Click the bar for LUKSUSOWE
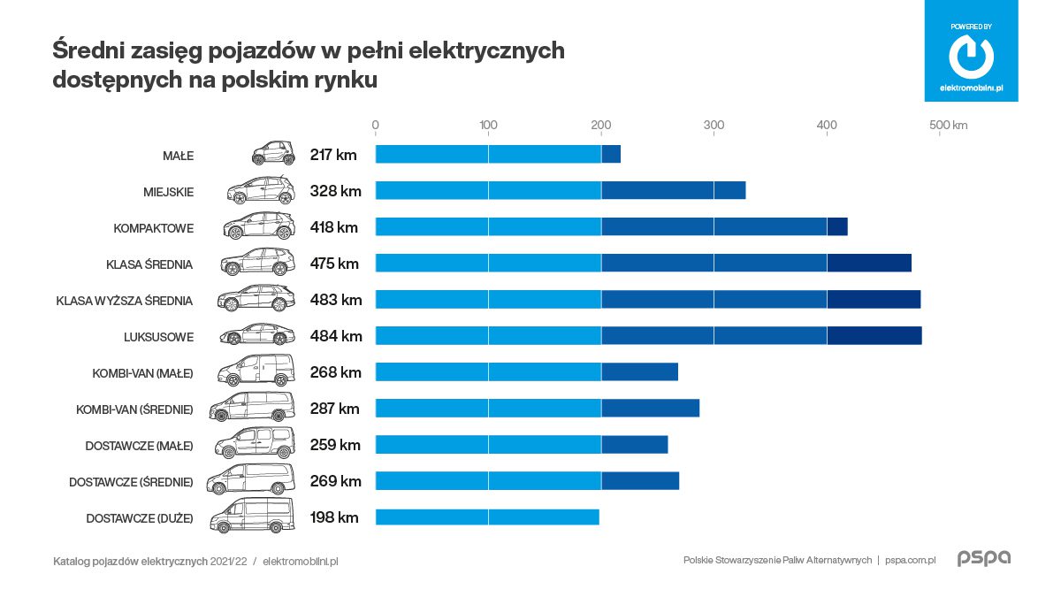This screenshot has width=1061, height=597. [x=648, y=336]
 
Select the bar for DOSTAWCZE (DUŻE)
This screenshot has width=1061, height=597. [x=487, y=517]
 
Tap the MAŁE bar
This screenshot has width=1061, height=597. [x=498, y=155]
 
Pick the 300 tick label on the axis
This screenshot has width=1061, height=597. [x=714, y=126]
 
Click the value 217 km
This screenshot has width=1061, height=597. [x=333, y=155]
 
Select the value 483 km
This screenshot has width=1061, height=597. [x=336, y=300]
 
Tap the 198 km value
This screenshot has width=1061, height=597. [x=334, y=517]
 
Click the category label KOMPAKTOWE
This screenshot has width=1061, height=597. [x=153, y=228]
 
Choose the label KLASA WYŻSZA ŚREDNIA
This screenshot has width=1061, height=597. [x=124, y=301]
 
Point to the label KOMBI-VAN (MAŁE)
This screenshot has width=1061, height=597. [x=142, y=373]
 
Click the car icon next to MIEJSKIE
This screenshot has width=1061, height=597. [x=261, y=191]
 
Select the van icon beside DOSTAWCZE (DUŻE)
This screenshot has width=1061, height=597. [x=252, y=517]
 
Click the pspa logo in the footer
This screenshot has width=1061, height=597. [x=983, y=559]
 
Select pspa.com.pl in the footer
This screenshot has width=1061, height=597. [x=910, y=561]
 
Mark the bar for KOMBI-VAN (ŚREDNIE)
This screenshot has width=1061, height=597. [x=537, y=409]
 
